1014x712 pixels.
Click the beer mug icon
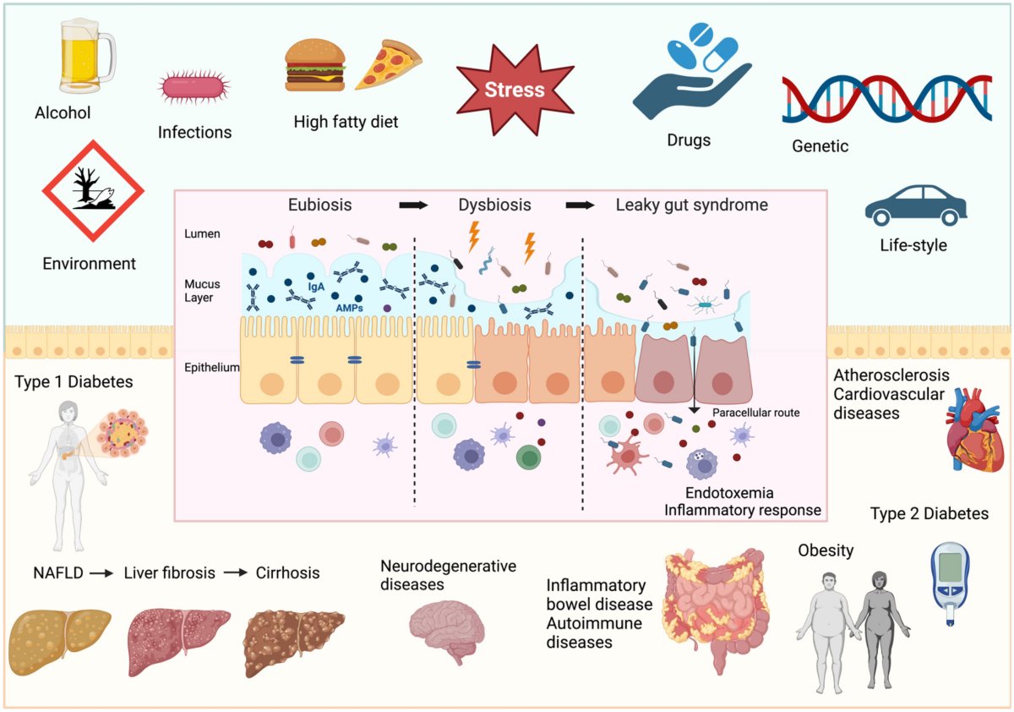tap(84, 58)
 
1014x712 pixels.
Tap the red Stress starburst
tap(515, 90)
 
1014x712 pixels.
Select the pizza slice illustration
tap(388, 65)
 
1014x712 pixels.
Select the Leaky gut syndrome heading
tap(691, 205)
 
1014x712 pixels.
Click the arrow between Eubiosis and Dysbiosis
tap(414, 205)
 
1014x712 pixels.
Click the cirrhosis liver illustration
tap(293, 641)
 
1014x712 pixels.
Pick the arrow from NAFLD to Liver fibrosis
tap(101, 573)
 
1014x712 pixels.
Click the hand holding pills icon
tap(689, 74)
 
